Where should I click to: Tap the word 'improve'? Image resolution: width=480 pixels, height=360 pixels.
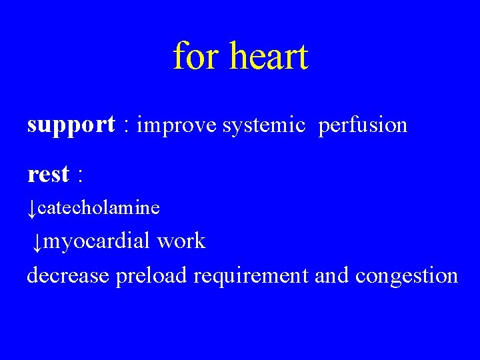click(x=177, y=125)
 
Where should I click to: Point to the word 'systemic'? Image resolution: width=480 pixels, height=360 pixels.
click(x=264, y=125)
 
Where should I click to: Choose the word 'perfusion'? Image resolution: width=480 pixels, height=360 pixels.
click(x=363, y=125)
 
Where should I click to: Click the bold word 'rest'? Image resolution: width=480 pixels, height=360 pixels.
click(x=49, y=175)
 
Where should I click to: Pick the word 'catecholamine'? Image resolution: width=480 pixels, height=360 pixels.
click(x=99, y=208)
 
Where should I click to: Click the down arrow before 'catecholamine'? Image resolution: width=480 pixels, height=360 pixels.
click(x=32, y=209)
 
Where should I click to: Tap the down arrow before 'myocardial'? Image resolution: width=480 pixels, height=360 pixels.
click(x=37, y=243)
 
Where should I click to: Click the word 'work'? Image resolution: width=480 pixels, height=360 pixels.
click(x=181, y=241)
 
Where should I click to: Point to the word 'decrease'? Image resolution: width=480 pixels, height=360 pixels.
click(x=67, y=275)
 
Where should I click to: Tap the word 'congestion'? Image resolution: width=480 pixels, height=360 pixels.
click(x=407, y=275)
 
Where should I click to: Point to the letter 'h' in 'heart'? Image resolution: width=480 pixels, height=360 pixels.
click(x=238, y=56)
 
